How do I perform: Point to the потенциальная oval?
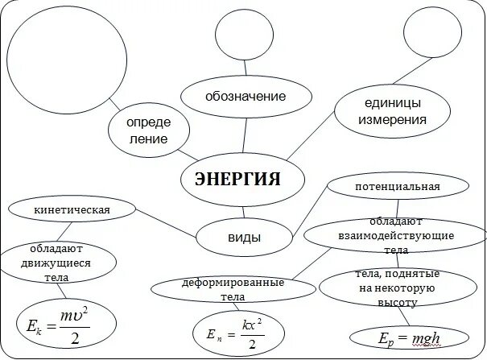click(x=397, y=188)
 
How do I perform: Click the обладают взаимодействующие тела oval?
click(x=395, y=235)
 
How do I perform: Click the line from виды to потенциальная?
click(x=309, y=210)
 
